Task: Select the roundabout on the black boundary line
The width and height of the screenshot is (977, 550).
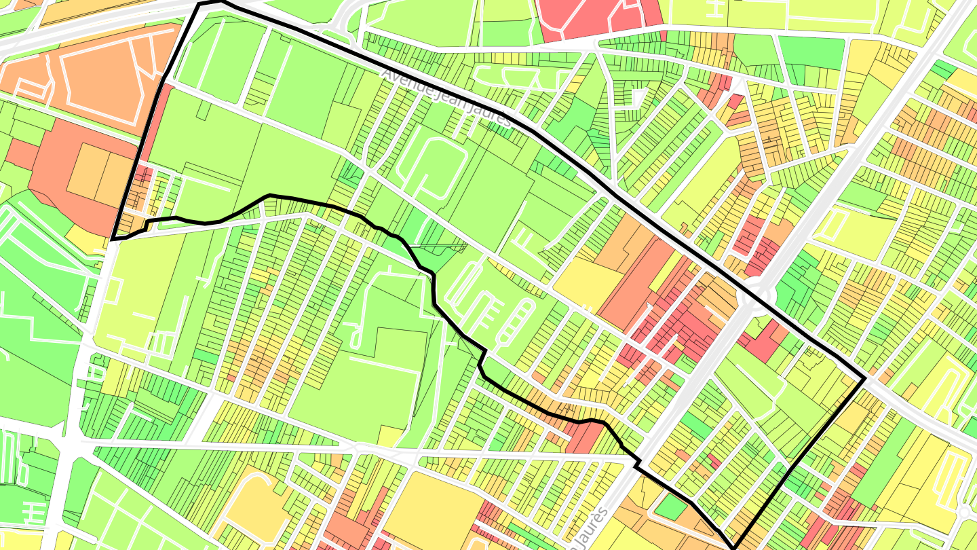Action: click(754, 296)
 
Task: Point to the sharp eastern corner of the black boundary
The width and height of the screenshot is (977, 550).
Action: click(864, 380)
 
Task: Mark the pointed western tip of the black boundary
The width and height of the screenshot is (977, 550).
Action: click(113, 239)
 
